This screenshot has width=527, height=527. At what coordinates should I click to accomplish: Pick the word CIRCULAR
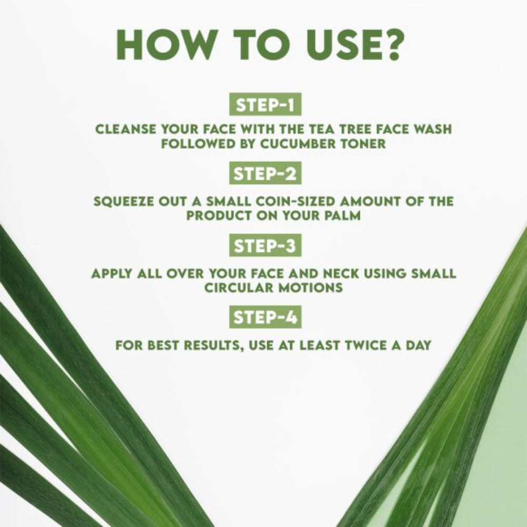[x=230, y=288]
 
